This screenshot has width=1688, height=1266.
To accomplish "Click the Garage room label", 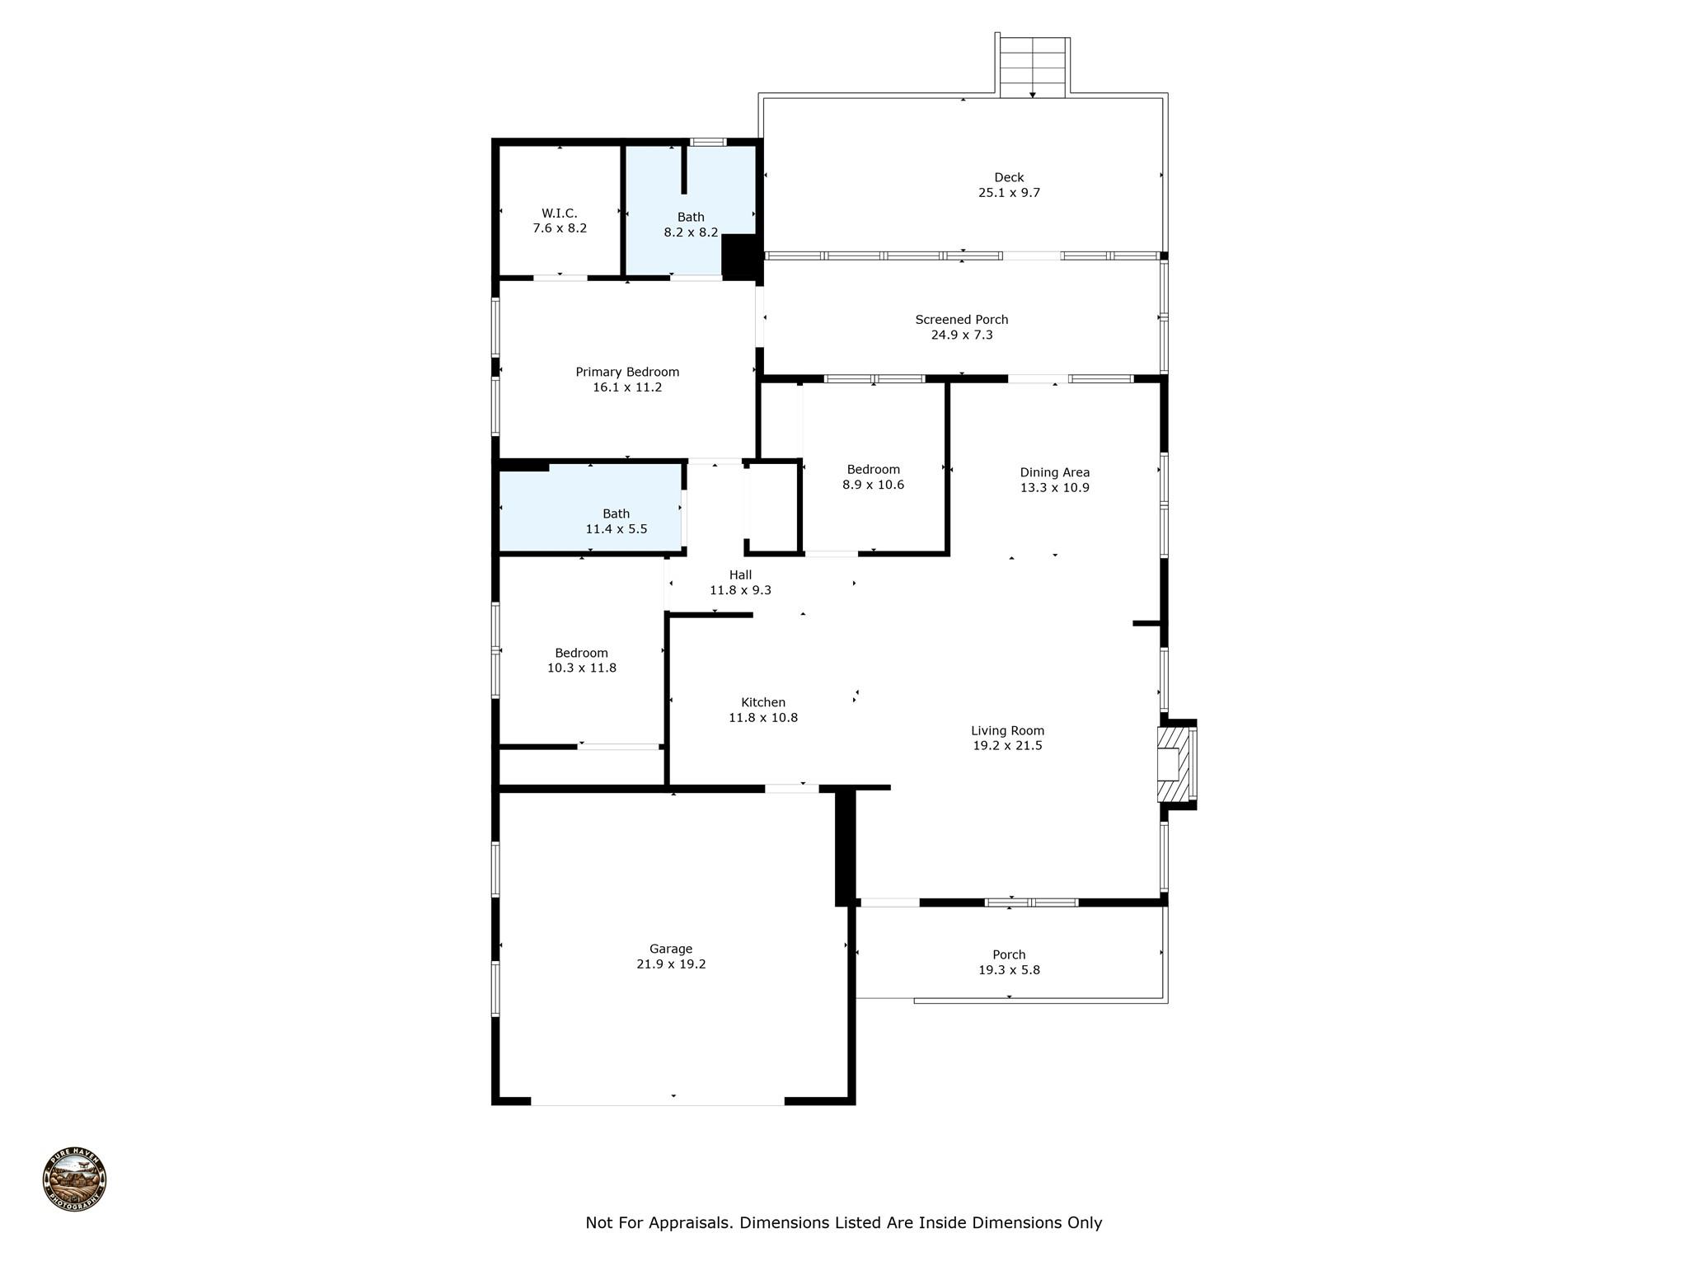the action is [x=671, y=949].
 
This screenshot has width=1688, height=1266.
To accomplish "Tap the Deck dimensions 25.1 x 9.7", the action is [x=1009, y=193].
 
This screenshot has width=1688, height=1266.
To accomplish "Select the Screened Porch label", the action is [x=961, y=320].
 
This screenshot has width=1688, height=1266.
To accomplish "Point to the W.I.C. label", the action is [x=560, y=213].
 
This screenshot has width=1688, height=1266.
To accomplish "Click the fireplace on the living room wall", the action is [x=1177, y=764].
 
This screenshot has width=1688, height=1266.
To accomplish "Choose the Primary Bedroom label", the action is [x=627, y=372].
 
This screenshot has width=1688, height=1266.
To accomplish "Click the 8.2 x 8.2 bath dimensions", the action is [x=691, y=232].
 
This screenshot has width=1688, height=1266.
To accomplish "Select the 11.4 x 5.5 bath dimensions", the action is [x=616, y=529].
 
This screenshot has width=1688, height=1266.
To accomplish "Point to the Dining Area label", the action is [x=1054, y=472].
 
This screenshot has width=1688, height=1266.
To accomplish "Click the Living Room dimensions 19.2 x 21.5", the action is [x=1007, y=746].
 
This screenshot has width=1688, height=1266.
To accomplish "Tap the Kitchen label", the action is [x=763, y=702].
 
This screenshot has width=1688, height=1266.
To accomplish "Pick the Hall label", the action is [x=740, y=575].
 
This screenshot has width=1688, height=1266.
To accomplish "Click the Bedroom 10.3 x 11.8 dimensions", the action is [x=582, y=668].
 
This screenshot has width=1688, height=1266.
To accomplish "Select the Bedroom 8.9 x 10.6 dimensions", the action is [x=873, y=485].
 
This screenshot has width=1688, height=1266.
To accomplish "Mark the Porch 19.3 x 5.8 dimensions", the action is [x=1009, y=970].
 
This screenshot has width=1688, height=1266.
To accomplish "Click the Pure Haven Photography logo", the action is [x=74, y=1179].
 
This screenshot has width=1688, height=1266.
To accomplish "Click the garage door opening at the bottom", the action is [x=658, y=1100].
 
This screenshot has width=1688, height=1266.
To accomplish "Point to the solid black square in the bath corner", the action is [x=739, y=256].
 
